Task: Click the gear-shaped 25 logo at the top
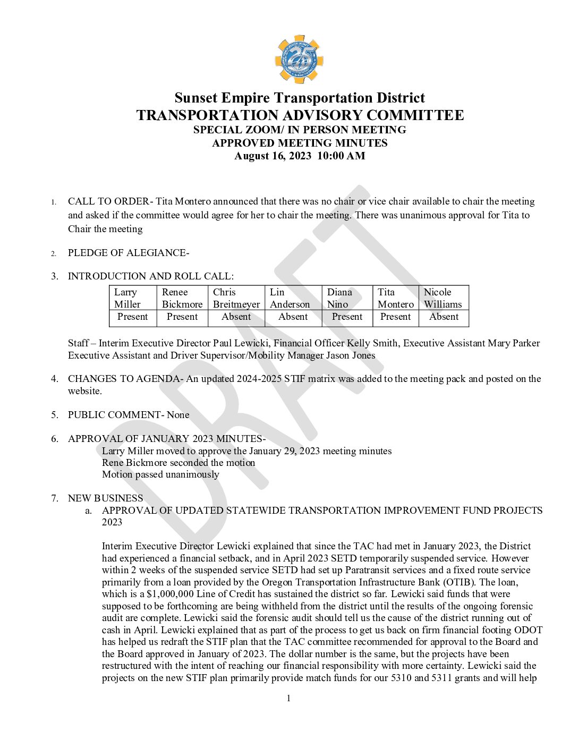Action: (299, 59)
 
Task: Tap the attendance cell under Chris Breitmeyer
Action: (236, 317)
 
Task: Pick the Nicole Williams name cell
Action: (443, 298)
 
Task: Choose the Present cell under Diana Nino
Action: (347, 317)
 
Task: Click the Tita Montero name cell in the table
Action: (395, 298)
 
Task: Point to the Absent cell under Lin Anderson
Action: (293, 317)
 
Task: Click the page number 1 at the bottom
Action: (288, 699)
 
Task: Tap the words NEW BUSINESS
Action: (105, 498)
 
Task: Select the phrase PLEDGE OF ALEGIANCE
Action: (127, 253)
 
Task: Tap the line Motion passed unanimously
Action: (160, 475)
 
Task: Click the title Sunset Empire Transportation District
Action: (300, 98)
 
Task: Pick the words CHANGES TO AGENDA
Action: (124, 379)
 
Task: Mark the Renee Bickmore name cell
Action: (182, 298)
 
